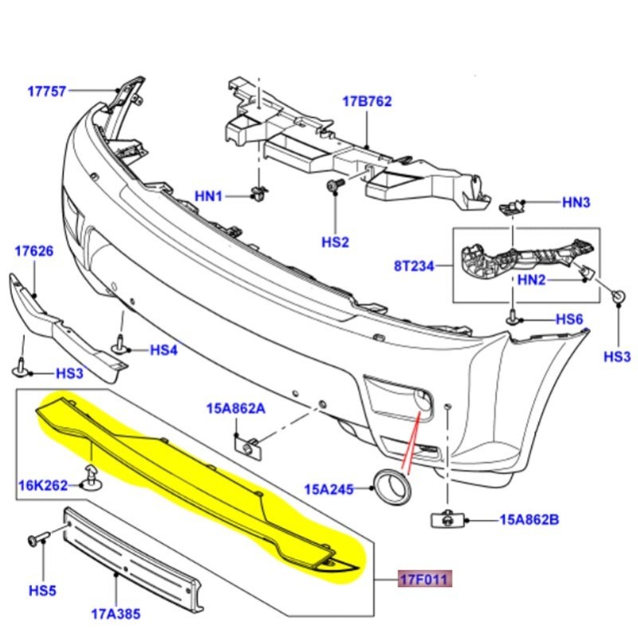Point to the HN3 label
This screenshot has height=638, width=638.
(576, 203)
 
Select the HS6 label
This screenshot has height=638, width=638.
(569, 319)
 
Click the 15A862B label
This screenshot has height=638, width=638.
(529, 520)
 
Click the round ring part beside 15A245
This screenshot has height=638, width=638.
(391, 484)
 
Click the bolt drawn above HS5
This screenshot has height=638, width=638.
(37, 540)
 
